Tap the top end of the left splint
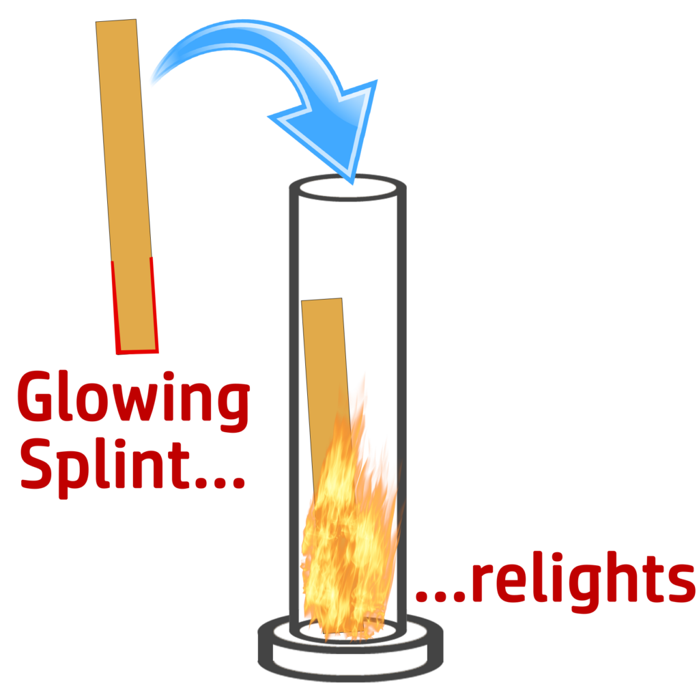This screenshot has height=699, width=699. (x=117, y=25)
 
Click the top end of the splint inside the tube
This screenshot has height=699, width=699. (x=322, y=303)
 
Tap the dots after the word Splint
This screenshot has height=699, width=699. (x=219, y=482)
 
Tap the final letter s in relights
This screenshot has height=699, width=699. (x=676, y=584)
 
